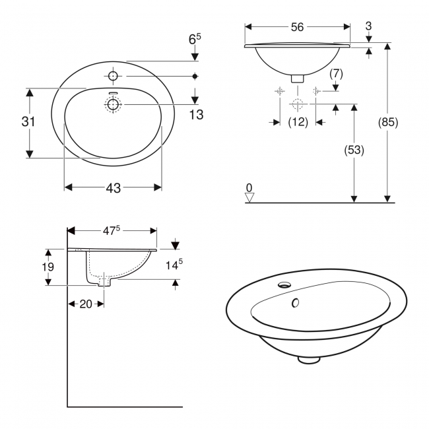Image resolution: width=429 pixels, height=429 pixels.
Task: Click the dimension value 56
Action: pyautogui.click(x=297, y=27)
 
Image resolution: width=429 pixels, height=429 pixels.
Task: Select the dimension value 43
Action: pyautogui.click(x=113, y=188)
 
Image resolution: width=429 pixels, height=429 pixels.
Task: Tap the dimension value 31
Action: pyautogui.click(x=27, y=122)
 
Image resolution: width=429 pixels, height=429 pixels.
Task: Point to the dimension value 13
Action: pyautogui.click(x=195, y=115)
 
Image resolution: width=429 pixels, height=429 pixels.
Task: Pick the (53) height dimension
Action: pyautogui.click(x=354, y=150)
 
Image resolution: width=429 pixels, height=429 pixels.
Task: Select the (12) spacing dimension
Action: pyautogui.click(x=298, y=122)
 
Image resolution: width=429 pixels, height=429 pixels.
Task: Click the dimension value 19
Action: pyautogui.click(x=47, y=267)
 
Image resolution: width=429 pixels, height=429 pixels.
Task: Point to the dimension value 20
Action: pyautogui.click(x=85, y=304)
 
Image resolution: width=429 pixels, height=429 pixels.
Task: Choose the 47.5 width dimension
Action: pyautogui.click(x=112, y=230)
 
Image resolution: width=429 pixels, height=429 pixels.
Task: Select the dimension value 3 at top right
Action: pyautogui.click(x=368, y=26)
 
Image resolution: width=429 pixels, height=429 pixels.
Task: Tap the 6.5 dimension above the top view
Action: pyautogui.click(x=195, y=40)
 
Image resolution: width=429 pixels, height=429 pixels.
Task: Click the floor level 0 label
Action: pyautogui.click(x=249, y=188)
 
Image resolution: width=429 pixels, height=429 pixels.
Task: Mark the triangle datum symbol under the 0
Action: pyautogui.click(x=249, y=197)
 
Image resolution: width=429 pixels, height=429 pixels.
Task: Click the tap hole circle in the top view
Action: pyautogui.click(x=113, y=75)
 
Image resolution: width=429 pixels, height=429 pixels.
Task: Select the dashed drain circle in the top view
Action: pyautogui.click(x=113, y=104)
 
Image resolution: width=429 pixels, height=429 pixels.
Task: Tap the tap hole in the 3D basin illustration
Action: pyautogui.click(x=284, y=285)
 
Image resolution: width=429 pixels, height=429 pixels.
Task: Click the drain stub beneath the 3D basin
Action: pyautogui.click(x=308, y=359)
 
